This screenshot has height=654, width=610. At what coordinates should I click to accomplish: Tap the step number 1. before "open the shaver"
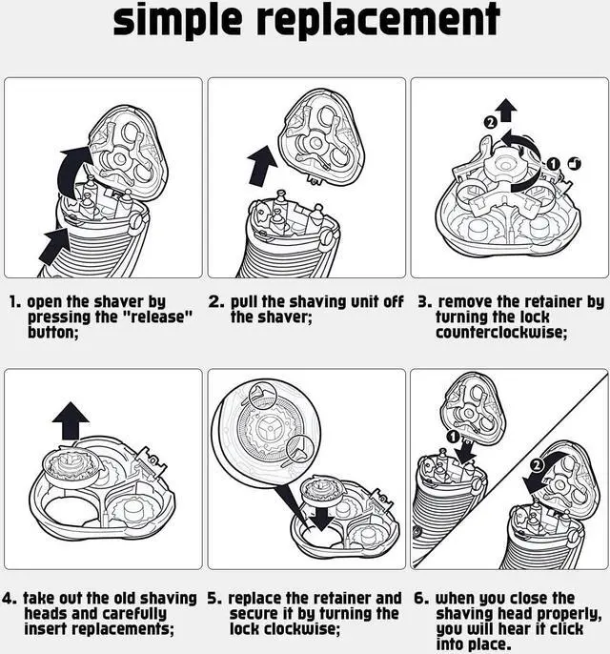15,302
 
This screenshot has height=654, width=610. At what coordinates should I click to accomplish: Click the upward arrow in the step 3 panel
507,111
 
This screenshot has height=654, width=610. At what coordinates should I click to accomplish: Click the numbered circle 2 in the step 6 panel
538,465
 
